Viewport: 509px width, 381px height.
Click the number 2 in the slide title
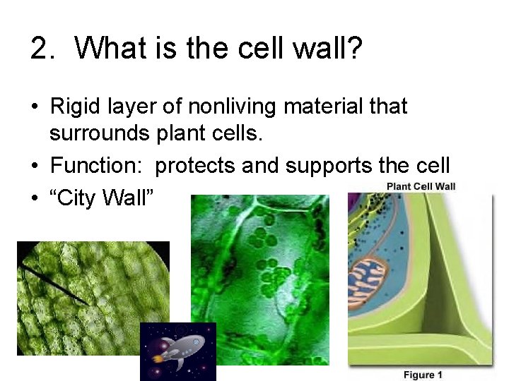(x=40, y=48)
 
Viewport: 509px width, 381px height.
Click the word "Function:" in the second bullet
(x=98, y=165)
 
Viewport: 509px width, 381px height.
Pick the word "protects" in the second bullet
(x=195, y=165)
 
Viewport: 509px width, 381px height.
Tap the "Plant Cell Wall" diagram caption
(x=421, y=187)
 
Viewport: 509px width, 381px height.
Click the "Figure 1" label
(x=423, y=375)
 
